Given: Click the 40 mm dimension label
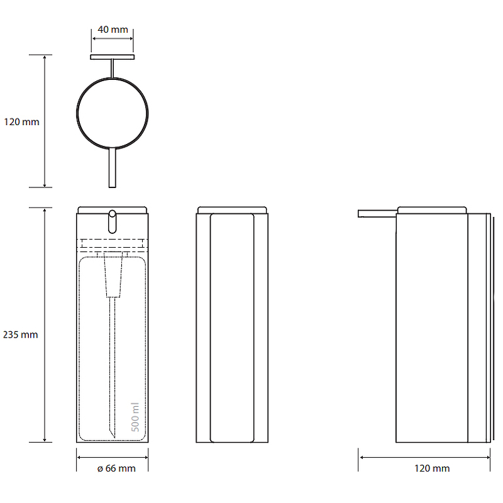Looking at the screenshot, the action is (x=113, y=30).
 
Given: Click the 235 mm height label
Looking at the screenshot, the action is (x=21, y=334).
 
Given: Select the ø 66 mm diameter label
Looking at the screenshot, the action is (x=116, y=468).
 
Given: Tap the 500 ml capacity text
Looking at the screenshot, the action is (x=135, y=417).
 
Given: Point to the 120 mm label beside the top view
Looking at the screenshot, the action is (x=21, y=122).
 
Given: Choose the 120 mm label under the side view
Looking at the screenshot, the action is (x=432, y=468).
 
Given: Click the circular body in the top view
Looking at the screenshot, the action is (x=77, y=114).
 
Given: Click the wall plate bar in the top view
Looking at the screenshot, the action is (x=113, y=57).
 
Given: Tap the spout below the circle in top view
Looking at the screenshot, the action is (x=113, y=167).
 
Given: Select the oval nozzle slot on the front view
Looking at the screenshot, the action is (x=113, y=222).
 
